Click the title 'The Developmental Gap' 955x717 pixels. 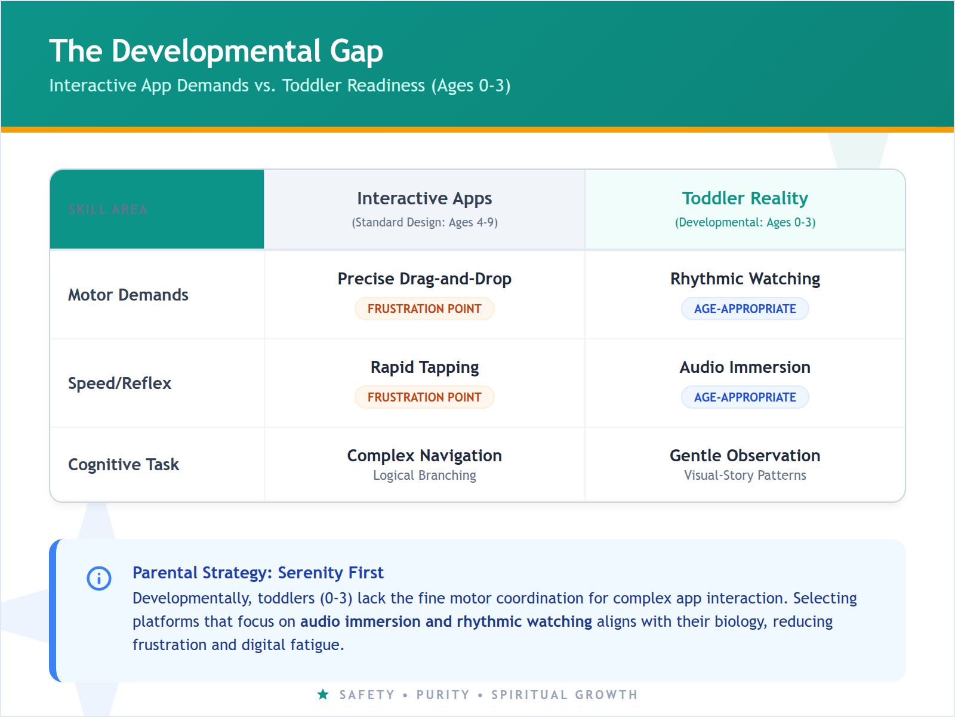[x=216, y=51]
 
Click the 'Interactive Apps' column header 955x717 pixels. [x=424, y=198]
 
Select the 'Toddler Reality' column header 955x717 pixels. [x=745, y=198]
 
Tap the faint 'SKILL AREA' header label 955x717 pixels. [x=107, y=210]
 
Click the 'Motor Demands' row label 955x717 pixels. [x=128, y=295]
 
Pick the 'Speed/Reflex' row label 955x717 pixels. [x=119, y=384]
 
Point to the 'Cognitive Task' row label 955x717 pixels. [x=124, y=465]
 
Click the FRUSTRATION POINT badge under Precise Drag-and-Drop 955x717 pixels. [x=424, y=309]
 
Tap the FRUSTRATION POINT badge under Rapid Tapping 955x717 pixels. [x=424, y=397]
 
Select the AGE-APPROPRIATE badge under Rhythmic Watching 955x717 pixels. [x=745, y=309]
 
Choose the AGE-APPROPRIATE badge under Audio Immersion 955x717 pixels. [x=745, y=397]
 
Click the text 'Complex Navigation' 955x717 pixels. [x=424, y=456]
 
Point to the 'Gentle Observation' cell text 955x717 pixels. [x=745, y=456]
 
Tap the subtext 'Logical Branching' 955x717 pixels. [x=424, y=476]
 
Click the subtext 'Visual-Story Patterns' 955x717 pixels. [x=745, y=476]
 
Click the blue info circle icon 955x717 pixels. [x=99, y=578]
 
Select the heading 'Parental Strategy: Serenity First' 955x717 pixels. [x=258, y=573]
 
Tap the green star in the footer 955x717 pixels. [x=323, y=694]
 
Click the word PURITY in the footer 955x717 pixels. [x=443, y=695]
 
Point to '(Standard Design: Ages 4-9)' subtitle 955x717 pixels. [x=424, y=223]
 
